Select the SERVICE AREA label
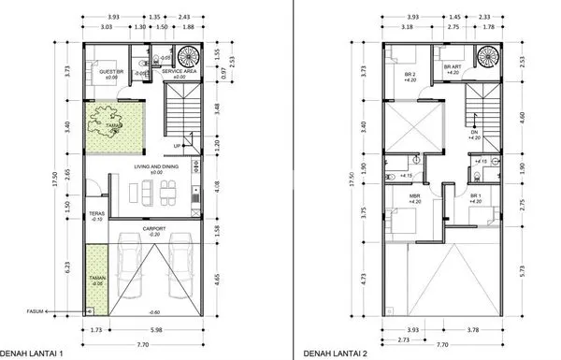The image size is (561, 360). click(178, 71)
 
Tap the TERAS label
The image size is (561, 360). click(95, 215)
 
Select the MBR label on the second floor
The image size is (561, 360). click(415, 197)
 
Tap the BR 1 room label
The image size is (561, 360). click(476, 197)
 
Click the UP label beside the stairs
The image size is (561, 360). click(178, 147)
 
